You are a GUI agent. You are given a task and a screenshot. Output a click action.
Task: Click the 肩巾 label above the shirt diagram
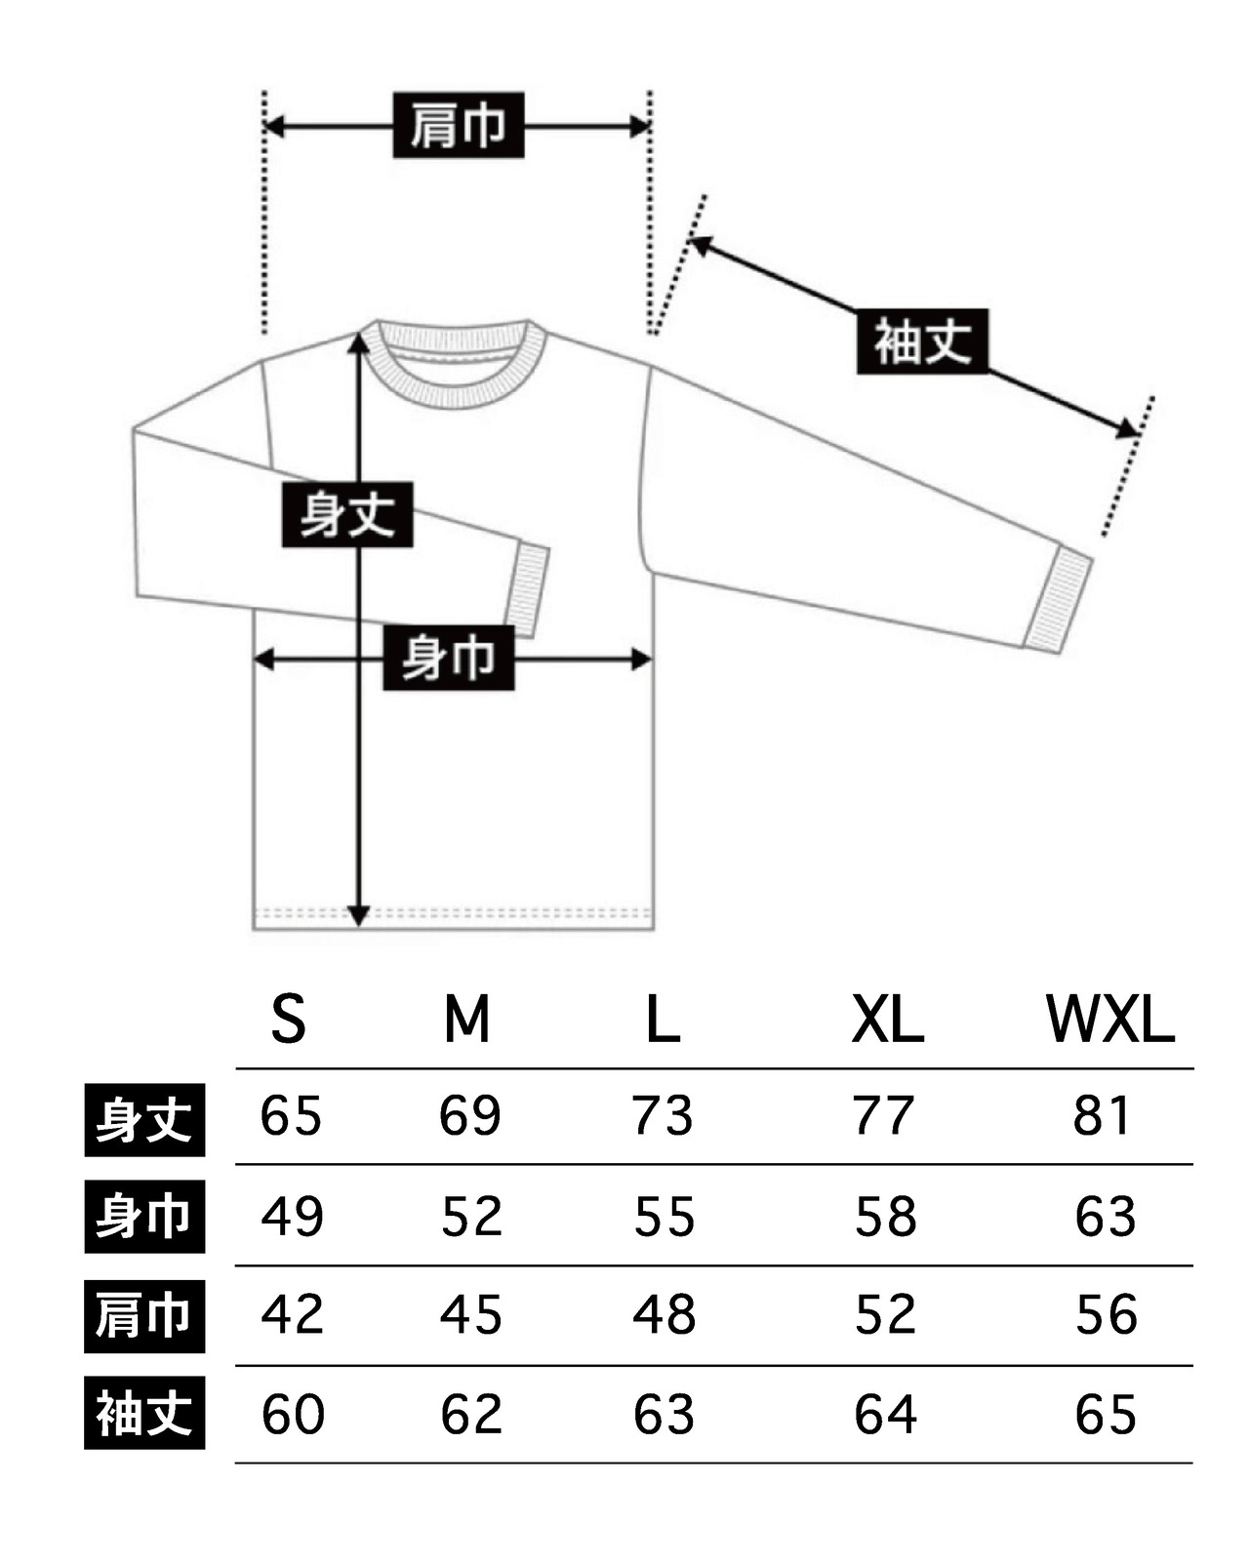click(x=459, y=125)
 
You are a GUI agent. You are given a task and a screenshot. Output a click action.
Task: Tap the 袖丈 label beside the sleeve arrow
click(x=922, y=341)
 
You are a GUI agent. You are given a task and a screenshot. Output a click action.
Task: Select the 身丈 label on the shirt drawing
click(x=347, y=514)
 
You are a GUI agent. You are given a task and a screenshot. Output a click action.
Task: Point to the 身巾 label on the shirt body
click(x=448, y=658)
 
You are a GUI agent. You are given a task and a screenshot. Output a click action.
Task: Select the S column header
click(x=289, y=1020)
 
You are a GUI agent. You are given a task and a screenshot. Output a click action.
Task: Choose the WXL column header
click(x=1110, y=1020)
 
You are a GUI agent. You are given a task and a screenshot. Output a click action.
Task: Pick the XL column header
click(x=887, y=1020)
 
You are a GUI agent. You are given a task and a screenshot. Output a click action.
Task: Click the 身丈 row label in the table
click(x=144, y=1120)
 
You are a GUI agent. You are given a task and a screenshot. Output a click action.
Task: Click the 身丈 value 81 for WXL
click(x=1102, y=1115)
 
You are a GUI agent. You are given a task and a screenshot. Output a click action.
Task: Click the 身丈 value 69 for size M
click(x=470, y=1115)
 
